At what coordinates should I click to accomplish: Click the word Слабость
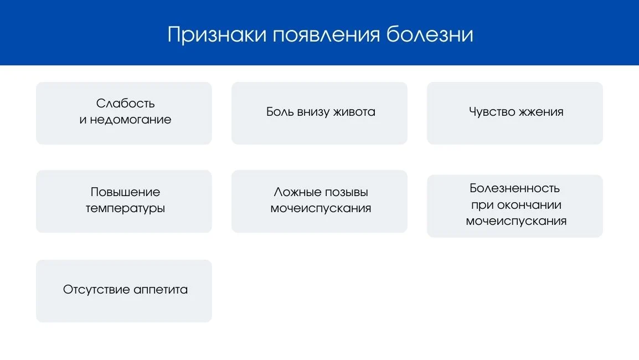point(125,104)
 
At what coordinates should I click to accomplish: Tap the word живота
point(354,112)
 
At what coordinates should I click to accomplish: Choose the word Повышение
point(125,192)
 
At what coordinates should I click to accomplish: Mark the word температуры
point(125,209)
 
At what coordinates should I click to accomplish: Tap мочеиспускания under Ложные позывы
point(321,209)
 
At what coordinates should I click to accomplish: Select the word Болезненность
point(515,188)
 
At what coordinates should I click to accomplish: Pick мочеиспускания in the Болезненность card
point(516,222)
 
